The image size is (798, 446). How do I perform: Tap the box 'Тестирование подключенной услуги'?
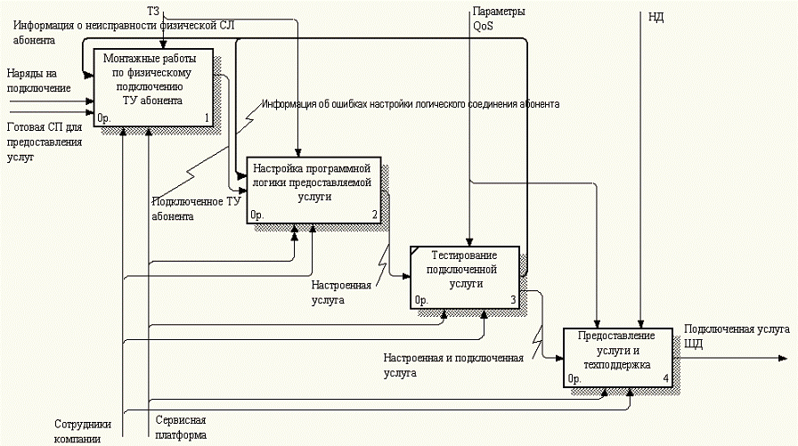(x=465, y=277)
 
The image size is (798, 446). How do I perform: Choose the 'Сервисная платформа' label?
(x=181, y=426)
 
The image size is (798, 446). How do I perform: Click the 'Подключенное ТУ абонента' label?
(x=195, y=207)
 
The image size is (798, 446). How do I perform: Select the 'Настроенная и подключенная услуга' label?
(x=453, y=365)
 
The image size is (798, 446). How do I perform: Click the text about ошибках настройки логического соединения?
(x=410, y=104)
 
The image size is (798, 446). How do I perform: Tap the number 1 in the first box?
(x=206, y=117)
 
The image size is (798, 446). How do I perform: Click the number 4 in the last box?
(x=664, y=379)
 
